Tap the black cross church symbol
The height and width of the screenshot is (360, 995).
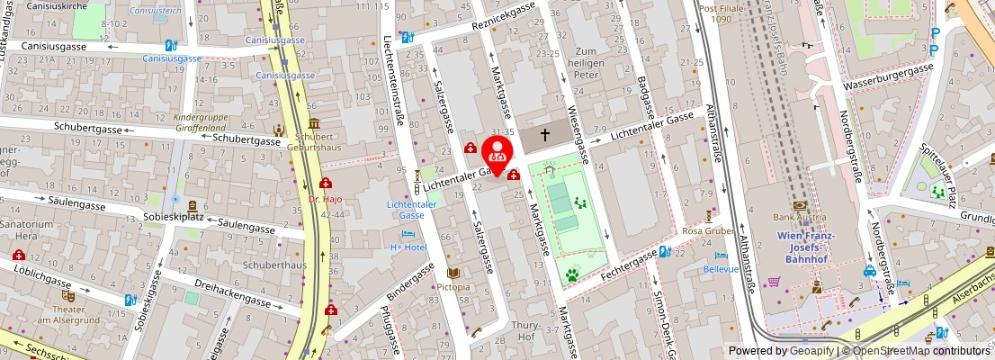pyautogui.click(x=544, y=135)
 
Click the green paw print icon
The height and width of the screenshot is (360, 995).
pyautogui.click(x=571, y=274)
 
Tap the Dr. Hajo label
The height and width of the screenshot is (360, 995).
pyautogui.click(x=325, y=198)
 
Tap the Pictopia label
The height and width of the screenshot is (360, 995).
pyautogui.click(x=454, y=287)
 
